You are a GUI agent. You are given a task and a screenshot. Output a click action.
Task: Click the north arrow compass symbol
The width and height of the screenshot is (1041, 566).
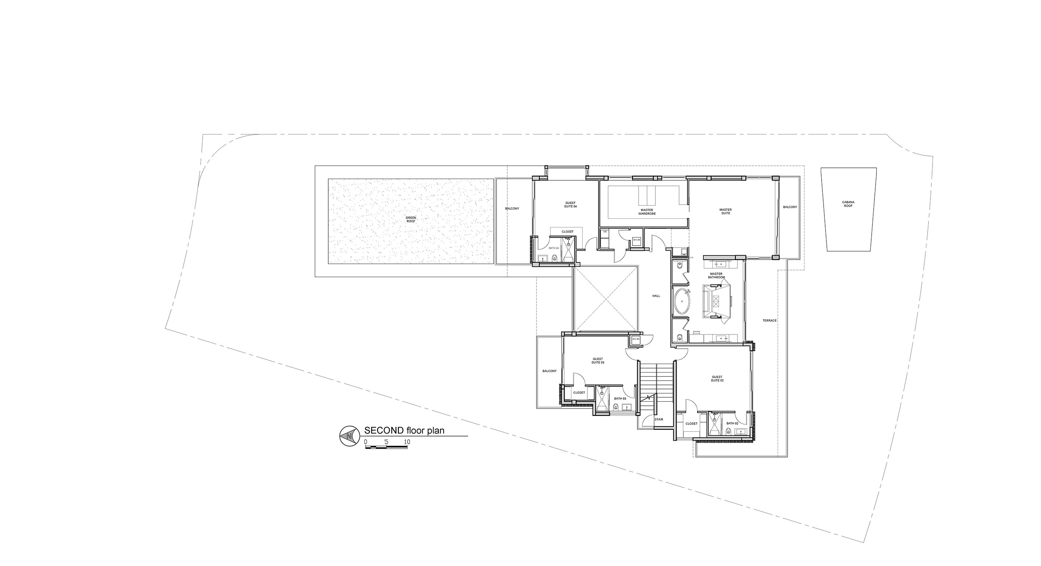pyautogui.click(x=350, y=436)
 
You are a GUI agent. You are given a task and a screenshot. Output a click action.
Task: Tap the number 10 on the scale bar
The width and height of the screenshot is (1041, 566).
pyautogui.click(x=407, y=442)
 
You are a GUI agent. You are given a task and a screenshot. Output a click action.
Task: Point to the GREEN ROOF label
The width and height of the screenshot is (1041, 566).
pyautogui.click(x=410, y=220)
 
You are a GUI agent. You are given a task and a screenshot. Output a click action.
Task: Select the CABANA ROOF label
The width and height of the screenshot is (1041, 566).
pyautogui.click(x=848, y=204)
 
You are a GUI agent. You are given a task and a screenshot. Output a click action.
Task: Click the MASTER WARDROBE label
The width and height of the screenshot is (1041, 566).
pyautogui.click(x=647, y=211)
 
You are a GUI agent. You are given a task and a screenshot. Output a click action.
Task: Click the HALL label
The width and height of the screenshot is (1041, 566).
pyautogui.click(x=656, y=296)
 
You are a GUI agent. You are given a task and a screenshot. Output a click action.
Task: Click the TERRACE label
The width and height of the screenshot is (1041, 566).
pyautogui.click(x=770, y=320)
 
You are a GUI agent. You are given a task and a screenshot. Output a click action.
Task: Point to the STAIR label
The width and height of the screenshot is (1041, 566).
pyautogui.click(x=659, y=419)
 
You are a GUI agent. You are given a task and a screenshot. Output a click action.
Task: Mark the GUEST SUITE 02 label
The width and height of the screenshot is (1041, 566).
pyautogui.click(x=717, y=379)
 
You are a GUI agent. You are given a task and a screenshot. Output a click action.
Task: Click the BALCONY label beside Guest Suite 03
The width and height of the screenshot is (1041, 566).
pyautogui.click(x=549, y=371)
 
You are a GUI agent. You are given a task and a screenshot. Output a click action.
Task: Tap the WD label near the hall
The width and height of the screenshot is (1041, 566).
pyautogui.click(x=605, y=232)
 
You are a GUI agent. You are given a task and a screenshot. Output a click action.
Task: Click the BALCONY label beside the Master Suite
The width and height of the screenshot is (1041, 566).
pyautogui.click(x=790, y=207)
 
